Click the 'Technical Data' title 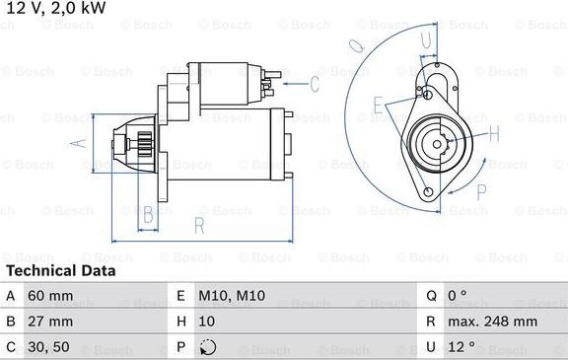[x=60, y=270]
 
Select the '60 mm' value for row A [x=50, y=295]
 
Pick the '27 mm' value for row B [x=50, y=321]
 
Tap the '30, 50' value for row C [x=49, y=346]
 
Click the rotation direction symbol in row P [x=205, y=346]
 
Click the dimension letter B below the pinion [x=149, y=213]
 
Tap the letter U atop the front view [x=427, y=40]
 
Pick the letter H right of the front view [x=494, y=134]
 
